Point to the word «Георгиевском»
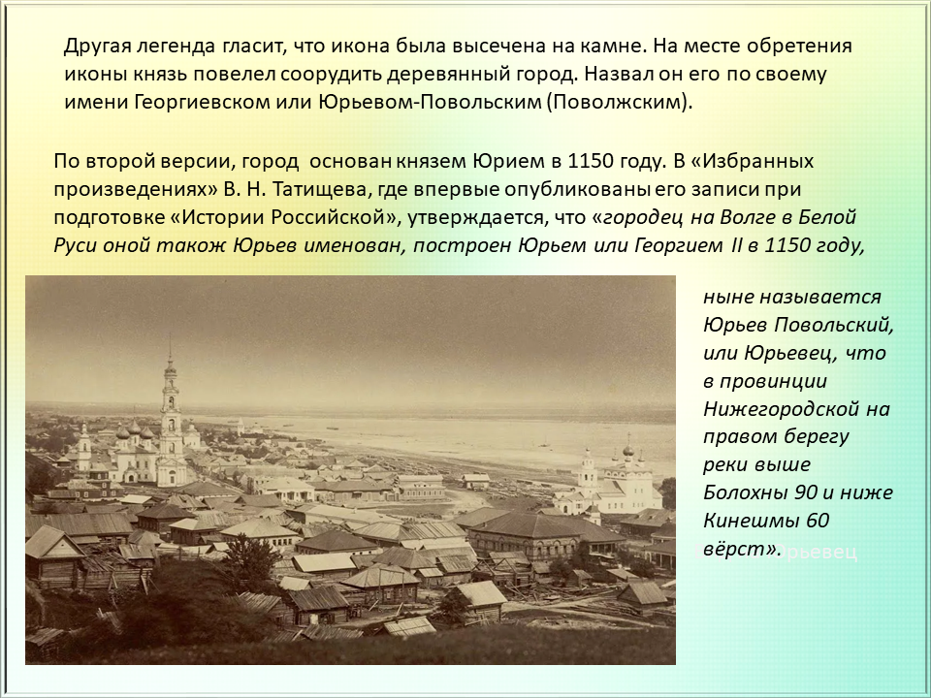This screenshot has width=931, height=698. (202, 102)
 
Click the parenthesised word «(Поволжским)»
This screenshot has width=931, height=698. (618, 102)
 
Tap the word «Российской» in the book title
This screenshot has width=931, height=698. (335, 217)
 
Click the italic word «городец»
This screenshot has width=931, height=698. (643, 217)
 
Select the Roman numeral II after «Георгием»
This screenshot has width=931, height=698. (733, 245)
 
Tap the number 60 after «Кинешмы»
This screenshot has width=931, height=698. (817, 520)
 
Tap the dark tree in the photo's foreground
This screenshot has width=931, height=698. (248, 561)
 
